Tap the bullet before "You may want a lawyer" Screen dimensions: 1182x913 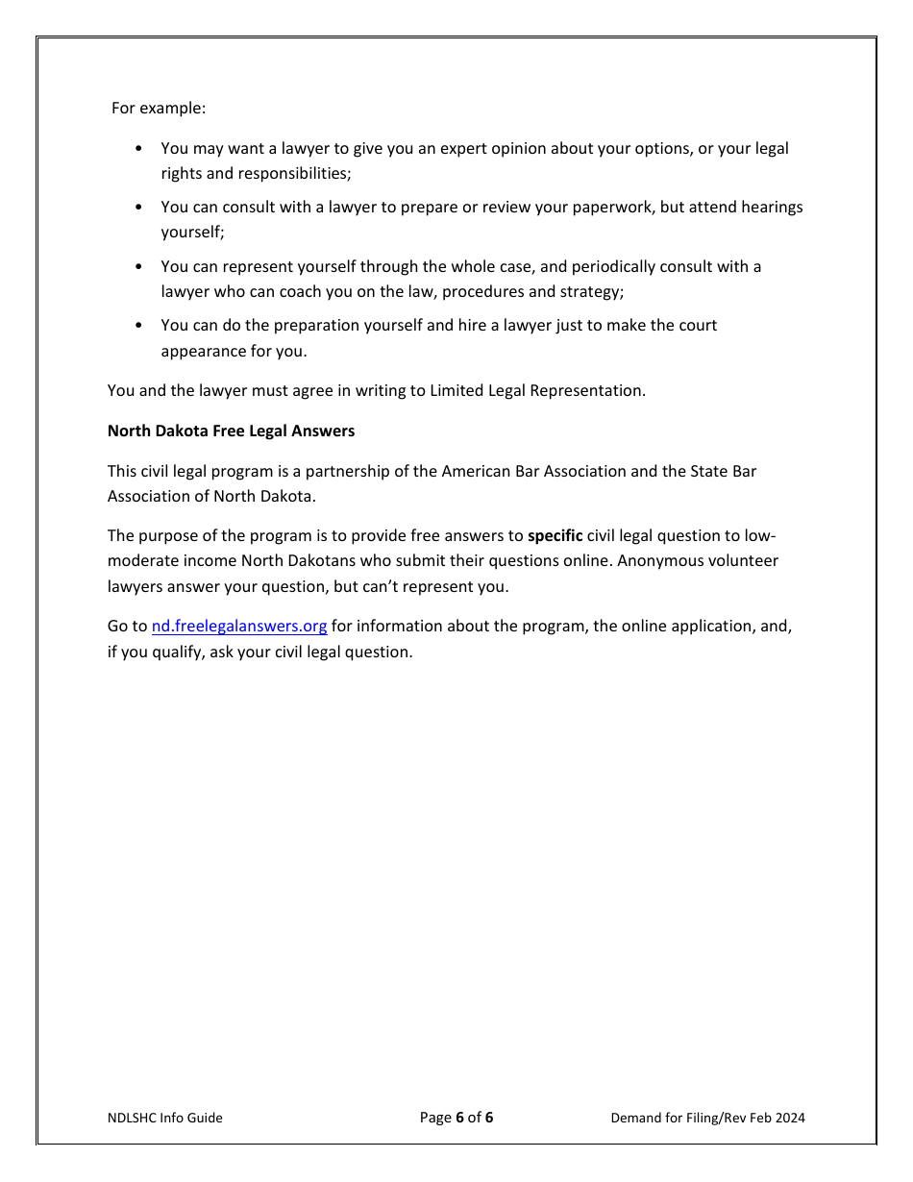point(139,149)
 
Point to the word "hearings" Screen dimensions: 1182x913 point(772,208)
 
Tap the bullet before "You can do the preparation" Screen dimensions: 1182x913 point(139,326)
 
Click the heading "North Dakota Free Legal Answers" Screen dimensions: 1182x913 point(231,431)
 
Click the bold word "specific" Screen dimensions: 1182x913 point(555,535)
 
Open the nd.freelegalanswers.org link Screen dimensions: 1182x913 point(239,626)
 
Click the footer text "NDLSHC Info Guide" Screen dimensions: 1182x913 point(164,1118)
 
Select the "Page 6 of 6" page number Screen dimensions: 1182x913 point(456,1117)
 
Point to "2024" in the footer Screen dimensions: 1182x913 point(788,1118)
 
